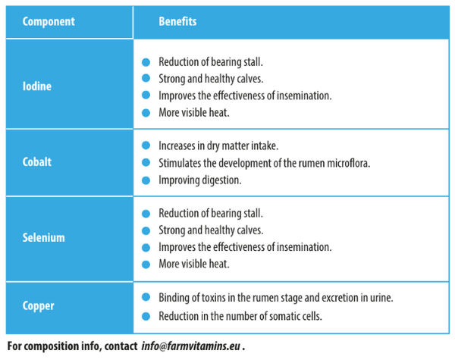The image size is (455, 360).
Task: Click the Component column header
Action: tap(49, 21)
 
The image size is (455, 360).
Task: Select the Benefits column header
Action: tap(177, 21)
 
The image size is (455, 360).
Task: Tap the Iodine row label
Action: tap(37, 86)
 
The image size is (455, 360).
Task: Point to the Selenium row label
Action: tap(43, 237)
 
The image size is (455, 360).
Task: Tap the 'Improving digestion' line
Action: tap(199, 180)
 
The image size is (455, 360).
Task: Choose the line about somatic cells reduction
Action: tap(240, 317)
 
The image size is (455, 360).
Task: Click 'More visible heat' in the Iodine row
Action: tap(194, 113)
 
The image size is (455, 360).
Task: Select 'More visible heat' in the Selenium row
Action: tap(194, 265)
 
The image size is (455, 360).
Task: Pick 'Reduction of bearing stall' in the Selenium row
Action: tap(211, 213)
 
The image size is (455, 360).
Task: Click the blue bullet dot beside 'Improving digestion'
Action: tap(146, 180)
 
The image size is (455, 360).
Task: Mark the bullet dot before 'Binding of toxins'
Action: tap(146, 298)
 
